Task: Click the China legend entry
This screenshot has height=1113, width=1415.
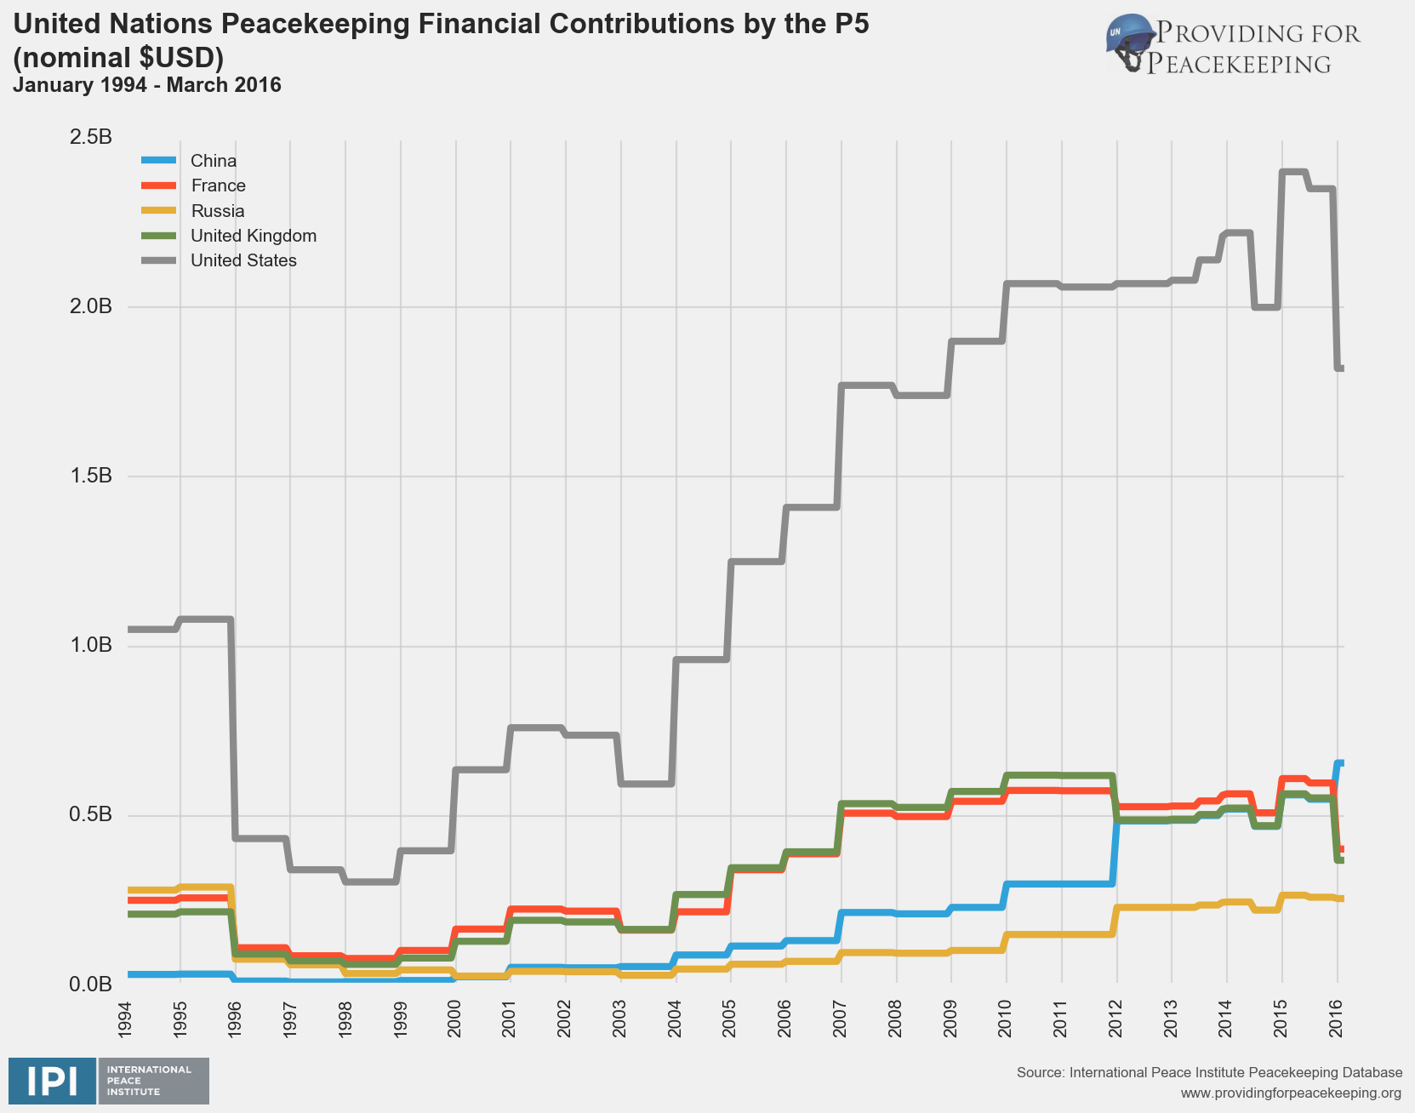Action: (x=213, y=161)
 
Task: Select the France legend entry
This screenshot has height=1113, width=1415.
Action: (x=218, y=185)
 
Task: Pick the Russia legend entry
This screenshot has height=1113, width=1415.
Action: (x=217, y=211)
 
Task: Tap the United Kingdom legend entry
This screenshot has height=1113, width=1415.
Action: (x=253, y=236)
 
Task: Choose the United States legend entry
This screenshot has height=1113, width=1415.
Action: (x=243, y=260)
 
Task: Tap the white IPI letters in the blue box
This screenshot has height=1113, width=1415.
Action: (x=52, y=1082)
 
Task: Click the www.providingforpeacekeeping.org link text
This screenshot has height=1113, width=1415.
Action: (x=1291, y=1093)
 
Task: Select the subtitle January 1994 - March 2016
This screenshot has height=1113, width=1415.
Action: (x=147, y=85)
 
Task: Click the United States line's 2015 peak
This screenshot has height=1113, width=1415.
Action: (x=1293, y=172)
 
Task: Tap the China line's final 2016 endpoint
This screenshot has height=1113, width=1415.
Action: (x=1340, y=763)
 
